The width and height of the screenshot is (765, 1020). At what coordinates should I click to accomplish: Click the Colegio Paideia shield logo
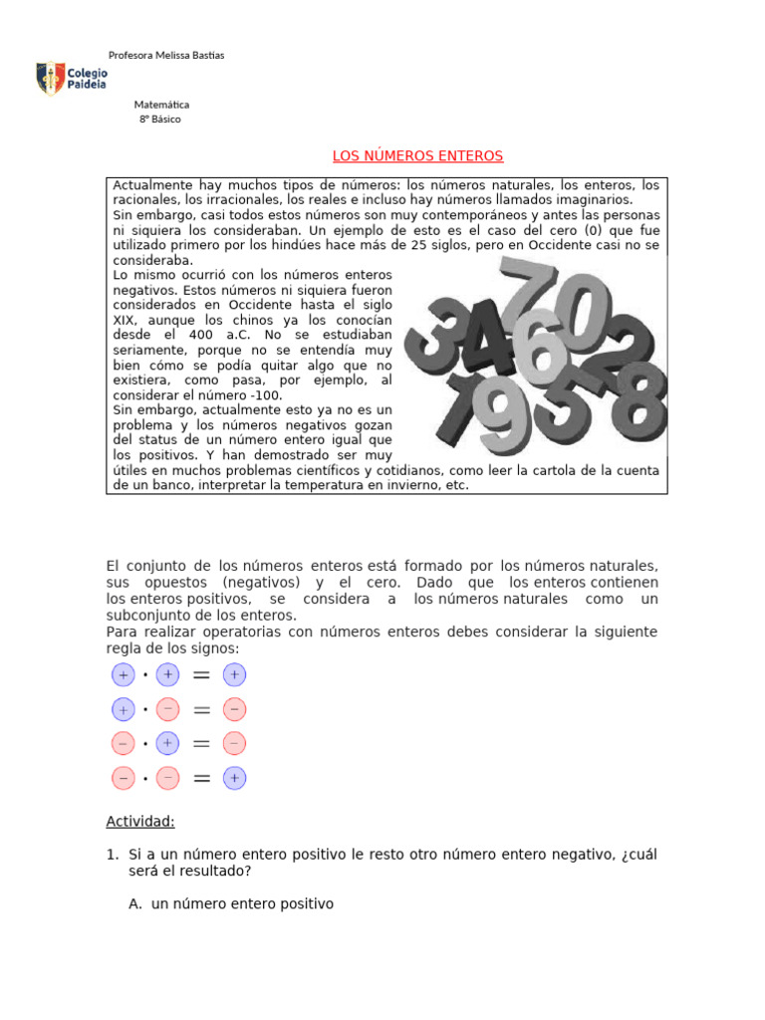coord(50,79)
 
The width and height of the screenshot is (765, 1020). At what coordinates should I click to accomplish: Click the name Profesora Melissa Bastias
coord(165,55)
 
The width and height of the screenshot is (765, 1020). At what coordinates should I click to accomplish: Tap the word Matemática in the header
coord(161,105)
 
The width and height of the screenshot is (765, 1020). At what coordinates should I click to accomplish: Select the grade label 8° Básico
coord(160,120)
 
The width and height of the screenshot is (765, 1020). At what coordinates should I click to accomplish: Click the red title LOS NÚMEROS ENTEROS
coord(417,156)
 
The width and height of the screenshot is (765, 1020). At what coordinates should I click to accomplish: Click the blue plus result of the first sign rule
coord(234,675)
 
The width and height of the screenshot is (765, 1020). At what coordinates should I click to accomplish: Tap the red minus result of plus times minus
coord(234,710)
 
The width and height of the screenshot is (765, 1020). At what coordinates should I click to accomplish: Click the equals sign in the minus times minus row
coord(201,779)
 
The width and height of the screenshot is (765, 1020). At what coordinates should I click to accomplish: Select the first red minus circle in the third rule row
coord(123,744)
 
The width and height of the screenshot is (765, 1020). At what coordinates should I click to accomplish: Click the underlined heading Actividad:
coord(140,822)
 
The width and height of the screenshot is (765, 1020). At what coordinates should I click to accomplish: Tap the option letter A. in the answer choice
coord(136,904)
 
